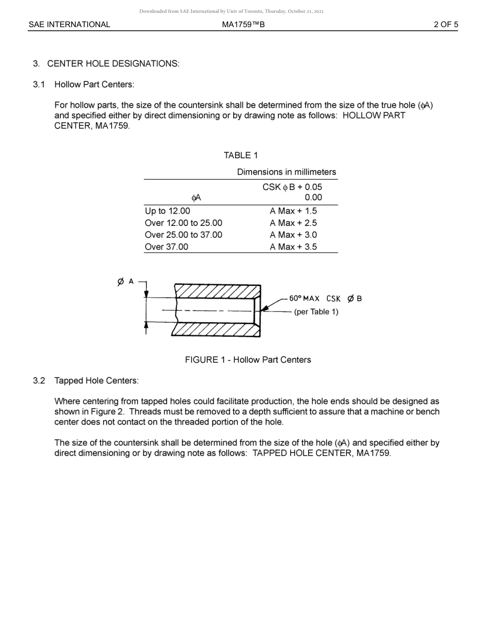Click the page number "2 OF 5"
445,25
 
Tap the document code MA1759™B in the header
243,25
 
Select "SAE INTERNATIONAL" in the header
69,25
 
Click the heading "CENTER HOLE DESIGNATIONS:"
113,64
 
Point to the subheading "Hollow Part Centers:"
94,85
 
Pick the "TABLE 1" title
241,155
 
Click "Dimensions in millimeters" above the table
287,172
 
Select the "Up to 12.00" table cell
167,211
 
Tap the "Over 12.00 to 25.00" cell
184,223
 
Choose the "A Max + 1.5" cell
293,211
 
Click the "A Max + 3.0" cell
293,235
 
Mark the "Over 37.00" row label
167,247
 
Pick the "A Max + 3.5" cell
293,247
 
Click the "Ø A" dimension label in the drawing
126,282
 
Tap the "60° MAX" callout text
304,299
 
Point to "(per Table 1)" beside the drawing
316,312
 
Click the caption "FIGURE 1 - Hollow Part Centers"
248,360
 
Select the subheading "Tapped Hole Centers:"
96,381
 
